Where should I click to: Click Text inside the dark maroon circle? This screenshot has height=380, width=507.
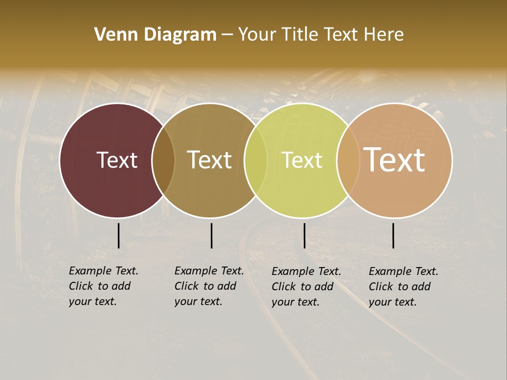[117, 160]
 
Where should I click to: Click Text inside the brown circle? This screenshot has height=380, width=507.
[210, 160]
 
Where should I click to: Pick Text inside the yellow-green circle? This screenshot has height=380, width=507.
[302, 160]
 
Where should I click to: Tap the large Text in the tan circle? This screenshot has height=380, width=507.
[395, 160]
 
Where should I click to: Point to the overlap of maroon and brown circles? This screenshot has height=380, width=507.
[163, 160]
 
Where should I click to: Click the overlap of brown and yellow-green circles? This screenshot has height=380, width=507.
[256, 160]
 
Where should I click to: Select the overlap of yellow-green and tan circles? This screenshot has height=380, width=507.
[348, 160]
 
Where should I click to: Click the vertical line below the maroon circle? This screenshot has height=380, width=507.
[118, 235]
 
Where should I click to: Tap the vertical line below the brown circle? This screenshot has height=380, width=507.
[211, 235]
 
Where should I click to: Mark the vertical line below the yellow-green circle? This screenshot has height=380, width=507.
[304, 235]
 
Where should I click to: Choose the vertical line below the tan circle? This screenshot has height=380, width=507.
[393, 235]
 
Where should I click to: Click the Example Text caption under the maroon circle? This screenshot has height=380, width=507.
[103, 286]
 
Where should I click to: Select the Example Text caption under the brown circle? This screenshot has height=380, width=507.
[209, 286]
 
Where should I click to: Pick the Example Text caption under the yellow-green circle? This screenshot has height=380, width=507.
[306, 287]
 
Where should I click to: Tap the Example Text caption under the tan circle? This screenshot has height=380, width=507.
[403, 287]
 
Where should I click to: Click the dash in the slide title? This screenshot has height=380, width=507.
[227, 35]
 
